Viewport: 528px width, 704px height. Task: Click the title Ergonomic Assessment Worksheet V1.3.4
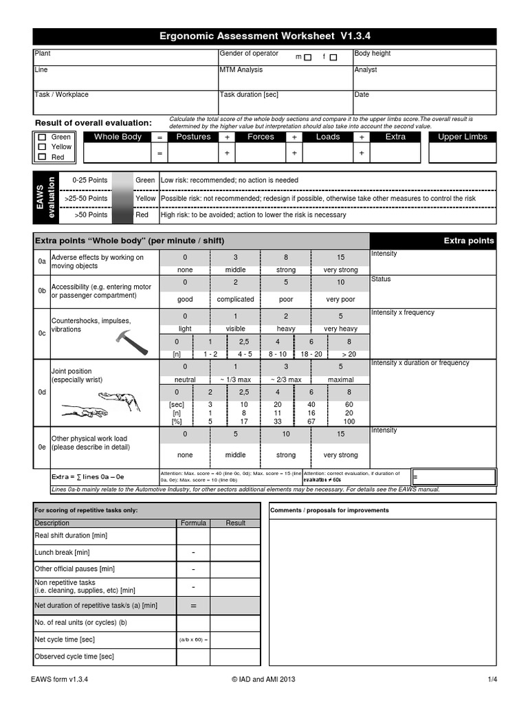tap(265, 36)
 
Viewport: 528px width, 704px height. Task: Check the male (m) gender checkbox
tap(307, 58)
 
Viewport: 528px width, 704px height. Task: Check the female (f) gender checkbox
tap(333, 58)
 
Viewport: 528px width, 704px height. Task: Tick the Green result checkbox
tap(43, 137)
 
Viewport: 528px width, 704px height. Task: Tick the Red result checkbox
tap(43, 157)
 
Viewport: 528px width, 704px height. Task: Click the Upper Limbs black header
tap(462, 137)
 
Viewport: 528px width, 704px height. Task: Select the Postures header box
tap(194, 137)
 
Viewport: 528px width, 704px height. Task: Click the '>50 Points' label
tap(91, 215)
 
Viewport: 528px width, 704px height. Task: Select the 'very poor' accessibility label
tap(340, 300)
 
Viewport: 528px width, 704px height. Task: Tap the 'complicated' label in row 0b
tap(235, 300)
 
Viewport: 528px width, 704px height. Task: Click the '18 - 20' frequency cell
tap(311, 354)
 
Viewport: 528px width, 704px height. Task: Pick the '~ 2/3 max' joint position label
tap(285, 379)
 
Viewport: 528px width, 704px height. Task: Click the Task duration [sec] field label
tap(249, 95)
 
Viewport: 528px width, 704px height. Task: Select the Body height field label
tap(373, 54)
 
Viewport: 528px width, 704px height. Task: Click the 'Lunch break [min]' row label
tap(63, 553)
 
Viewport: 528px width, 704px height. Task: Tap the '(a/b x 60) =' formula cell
tap(193, 639)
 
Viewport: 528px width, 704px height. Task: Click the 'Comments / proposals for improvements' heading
tap(329, 511)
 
